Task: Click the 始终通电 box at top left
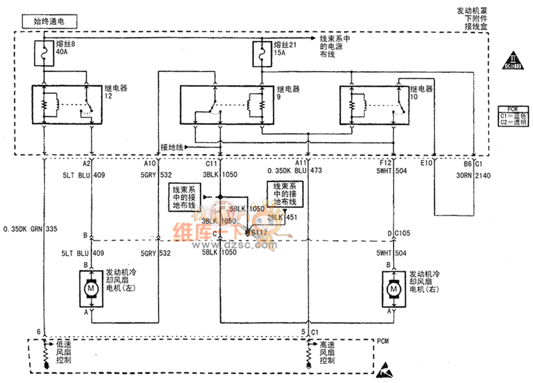click(49, 22)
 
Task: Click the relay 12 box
click(66, 103)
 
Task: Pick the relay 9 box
click(227, 104)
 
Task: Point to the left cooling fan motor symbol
click(90, 288)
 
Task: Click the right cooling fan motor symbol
click(394, 288)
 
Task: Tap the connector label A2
click(86, 164)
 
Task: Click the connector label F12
click(386, 164)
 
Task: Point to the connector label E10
click(427, 164)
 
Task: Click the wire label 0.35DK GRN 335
click(30, 228)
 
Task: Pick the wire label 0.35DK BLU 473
click(295, 171)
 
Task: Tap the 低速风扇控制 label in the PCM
click(63, 352)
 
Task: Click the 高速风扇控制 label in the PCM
click(327, 352)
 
